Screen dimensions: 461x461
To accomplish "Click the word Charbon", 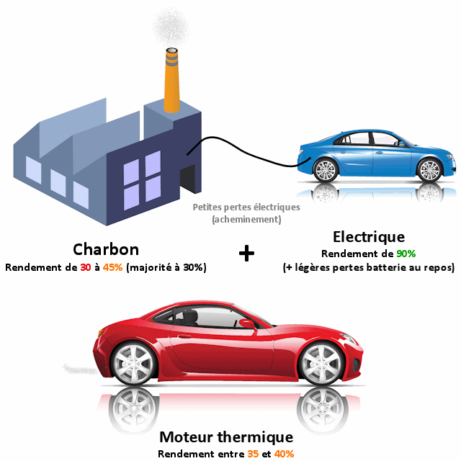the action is point(106,249).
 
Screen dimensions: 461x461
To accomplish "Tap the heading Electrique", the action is point(369,237).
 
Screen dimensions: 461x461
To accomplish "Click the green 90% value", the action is point(406,254).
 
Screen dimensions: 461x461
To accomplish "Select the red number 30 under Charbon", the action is point(86,267).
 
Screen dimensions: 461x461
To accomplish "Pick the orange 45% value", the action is point(112,267).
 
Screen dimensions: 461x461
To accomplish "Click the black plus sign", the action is point(246,253).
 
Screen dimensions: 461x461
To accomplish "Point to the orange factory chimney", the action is point(171,80).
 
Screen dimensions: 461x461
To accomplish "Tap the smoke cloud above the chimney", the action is point(170,26).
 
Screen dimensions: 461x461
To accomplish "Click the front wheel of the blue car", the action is point(429,170).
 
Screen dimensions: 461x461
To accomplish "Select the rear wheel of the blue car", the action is point(326,170).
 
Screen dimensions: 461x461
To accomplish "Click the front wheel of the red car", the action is point(321,364).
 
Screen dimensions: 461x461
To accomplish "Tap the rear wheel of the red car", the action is point(133,363).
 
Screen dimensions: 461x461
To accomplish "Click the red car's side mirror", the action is point(247,323).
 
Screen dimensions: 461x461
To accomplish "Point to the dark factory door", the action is point(188,179).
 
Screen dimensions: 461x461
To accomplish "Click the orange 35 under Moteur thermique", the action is point(253,454).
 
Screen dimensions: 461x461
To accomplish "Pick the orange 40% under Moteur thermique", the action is point(284,454).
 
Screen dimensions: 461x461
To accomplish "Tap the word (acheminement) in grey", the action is point(246,219).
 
